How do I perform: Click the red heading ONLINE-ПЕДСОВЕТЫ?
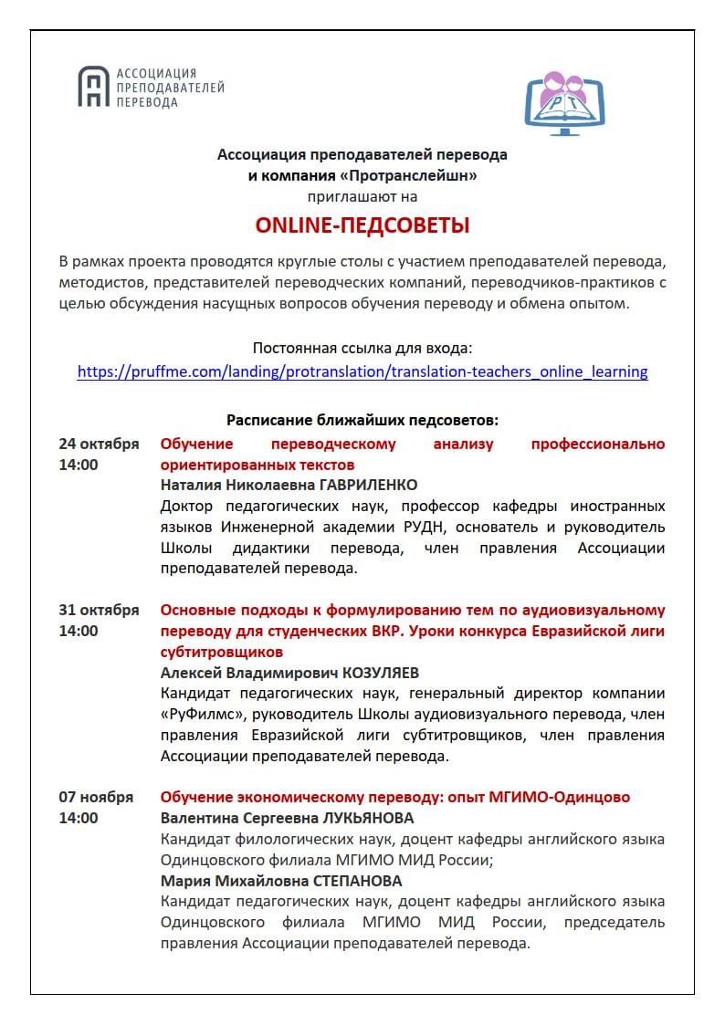click(362, 225)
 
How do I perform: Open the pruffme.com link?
click(362, 371)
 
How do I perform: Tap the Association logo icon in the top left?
click(91, 88)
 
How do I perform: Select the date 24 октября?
click(99, 445)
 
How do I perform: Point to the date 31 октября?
click(99, 610)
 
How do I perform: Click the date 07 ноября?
click(96, 797)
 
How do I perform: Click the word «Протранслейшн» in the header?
click(417, 175)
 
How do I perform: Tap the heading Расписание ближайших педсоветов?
click(362, 420)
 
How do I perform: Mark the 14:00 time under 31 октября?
click(79, 631)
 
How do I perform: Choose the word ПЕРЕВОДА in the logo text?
click(147, 103)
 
